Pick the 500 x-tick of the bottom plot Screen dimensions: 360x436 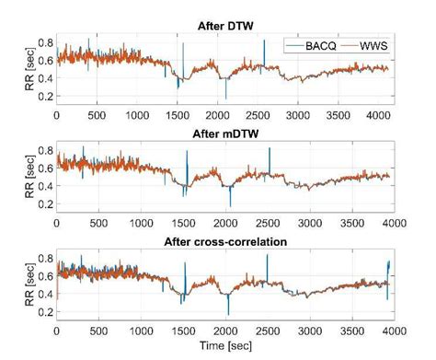coord(98,331)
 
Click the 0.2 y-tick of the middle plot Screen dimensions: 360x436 coord(43,203)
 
